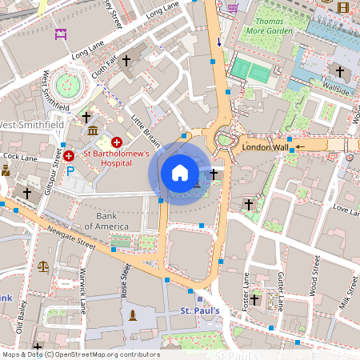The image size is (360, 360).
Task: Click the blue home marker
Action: [180, 172]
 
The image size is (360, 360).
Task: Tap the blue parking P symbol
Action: [70, 170]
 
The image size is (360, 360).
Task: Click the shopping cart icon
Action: [234, 8]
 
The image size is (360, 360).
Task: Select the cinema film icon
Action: [343, 8]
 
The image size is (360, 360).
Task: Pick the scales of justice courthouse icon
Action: [43, 265]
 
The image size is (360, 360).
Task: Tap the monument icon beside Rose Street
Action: [132, 314]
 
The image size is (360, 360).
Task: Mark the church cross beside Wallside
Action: [339, 73]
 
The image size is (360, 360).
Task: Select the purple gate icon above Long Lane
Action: [61, 34]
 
